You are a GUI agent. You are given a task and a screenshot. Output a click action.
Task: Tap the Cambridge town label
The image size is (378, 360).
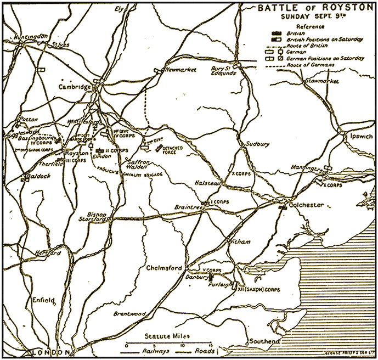[x=75, y=87]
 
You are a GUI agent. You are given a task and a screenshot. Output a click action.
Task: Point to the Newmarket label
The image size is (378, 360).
[x=180, y=70]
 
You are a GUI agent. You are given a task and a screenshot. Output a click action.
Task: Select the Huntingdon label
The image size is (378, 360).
[x=24, y=37]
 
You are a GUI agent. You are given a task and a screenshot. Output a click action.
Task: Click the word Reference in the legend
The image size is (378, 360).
[x=309, y=26]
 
